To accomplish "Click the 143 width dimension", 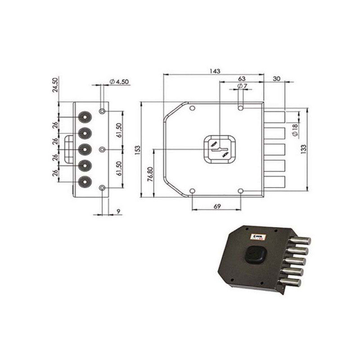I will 214,71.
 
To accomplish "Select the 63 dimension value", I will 241,78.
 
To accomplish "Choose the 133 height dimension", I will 304,148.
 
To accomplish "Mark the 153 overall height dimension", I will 137,149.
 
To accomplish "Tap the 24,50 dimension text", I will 55,85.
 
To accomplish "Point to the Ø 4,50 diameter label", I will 119,82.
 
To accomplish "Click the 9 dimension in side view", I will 117,211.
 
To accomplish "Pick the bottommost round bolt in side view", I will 84,182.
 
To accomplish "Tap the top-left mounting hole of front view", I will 192,108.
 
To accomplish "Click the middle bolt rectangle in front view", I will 274,149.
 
